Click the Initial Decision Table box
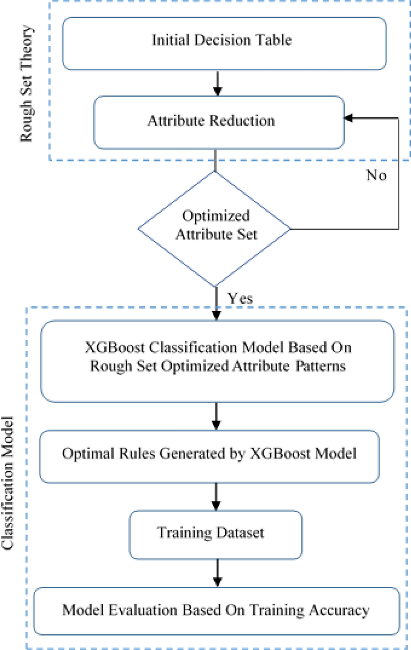224,43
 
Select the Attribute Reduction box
218,122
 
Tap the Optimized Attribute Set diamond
215,228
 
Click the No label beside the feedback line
376,175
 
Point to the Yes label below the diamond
240,298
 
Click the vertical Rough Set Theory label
26,84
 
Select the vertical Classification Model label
8,483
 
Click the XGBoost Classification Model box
217,361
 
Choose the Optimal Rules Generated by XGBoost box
209,456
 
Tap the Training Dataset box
215,534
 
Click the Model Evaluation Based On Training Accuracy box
216,611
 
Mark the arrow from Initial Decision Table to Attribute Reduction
218,83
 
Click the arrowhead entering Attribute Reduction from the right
349,118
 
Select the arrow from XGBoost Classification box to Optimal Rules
216,416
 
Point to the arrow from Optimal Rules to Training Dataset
216,496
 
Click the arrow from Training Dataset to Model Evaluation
218,573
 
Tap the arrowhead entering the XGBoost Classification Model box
216,315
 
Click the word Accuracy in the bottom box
339,610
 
